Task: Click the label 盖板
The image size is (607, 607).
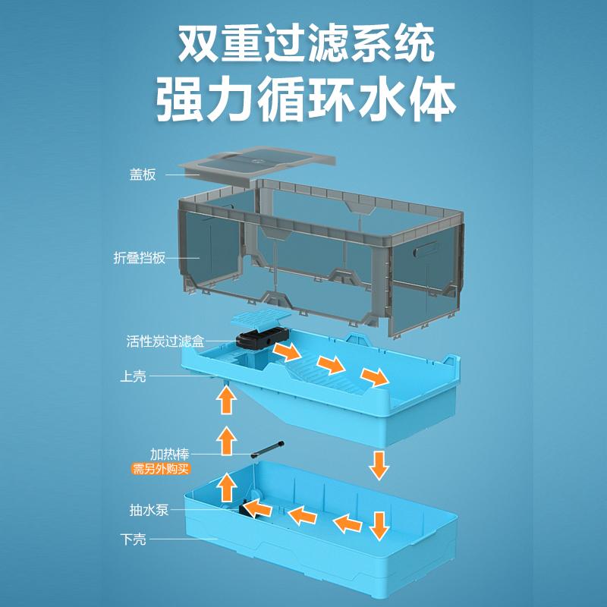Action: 142,175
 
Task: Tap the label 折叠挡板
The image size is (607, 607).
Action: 139,258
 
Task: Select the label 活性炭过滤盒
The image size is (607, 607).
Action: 165,341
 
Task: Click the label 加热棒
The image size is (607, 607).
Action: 168,454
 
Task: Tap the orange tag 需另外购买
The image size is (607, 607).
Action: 160,469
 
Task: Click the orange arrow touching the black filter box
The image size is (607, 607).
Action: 286,351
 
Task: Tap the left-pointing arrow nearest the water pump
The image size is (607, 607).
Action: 303,516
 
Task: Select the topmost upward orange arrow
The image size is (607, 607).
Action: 225,399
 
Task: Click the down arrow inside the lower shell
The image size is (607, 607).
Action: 379,524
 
